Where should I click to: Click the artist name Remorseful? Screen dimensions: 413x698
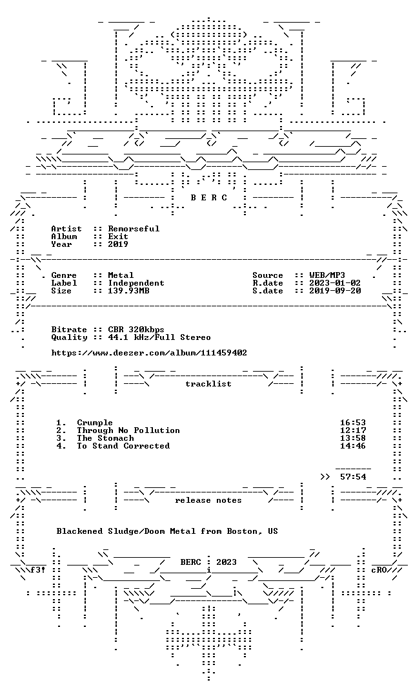click(134, 229)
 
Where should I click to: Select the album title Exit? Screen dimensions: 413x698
click(118, 237)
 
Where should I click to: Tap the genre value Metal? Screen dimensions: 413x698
click(121, 275)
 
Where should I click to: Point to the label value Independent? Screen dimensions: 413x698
click(136, 283)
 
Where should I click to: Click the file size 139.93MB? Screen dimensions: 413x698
click(129, 291)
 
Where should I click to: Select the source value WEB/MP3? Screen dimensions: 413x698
click(327, 275)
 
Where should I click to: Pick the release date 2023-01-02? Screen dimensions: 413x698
click(335, 283)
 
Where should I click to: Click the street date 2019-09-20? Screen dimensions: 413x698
click(335, 291)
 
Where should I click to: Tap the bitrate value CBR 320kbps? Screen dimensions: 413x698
click(136, 330)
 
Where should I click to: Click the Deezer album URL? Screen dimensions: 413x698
click(149, 353)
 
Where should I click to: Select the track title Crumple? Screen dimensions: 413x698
click(95, 423)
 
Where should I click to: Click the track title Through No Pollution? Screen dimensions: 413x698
click(128, 430)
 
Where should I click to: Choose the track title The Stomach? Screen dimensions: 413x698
click(105, 438)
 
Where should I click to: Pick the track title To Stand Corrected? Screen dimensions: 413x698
click(123, 445)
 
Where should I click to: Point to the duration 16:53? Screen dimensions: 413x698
click(353, 423)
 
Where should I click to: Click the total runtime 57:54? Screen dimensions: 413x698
click(353, 477)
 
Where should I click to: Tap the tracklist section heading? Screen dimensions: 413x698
click(208, 384)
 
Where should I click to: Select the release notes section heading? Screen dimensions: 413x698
click(208, 500)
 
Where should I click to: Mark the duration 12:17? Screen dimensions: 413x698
click(353, 430)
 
